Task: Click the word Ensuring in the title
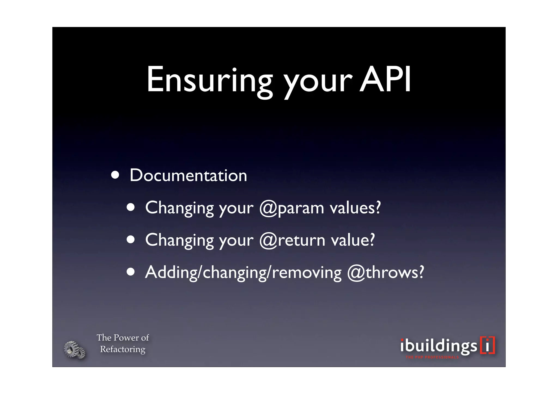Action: pyautogui.click(x=210, y=80)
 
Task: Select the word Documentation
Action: pyautogui.click(x=188, y=175)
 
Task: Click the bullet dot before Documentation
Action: pyautogui.click(x=115, y=175)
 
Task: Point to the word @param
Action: pyautogui.click(x=292, y=208)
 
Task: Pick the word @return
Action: pyautogui.click(x=292, y=240)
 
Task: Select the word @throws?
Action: pyautogui.click(x=386, y=272)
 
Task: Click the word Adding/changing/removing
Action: pyautogui.click(x=243, y=273)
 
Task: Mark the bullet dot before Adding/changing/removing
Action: pyautogui.click(x=131, y=272)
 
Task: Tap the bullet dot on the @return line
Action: pyautogui.click(x=131, y=240)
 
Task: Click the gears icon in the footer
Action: pyautogui.click(x=74, y=350)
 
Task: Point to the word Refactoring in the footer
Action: pyautogui.click(x=123, y=349)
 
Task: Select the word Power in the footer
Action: pyautogui.click(x=126, y=338)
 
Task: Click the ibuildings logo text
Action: pyautogui.click(x=439, y=346)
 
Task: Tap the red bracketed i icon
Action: pyautogui.click(x=487, y=345)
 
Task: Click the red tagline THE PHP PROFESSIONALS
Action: pyautogui.click(x=432, y=357)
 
